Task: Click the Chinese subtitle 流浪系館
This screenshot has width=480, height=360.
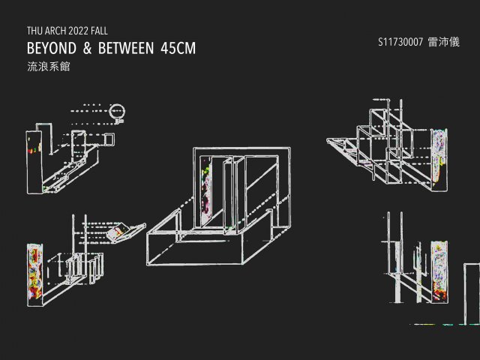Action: pos(43,67)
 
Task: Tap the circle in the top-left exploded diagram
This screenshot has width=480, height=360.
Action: pos(116,112)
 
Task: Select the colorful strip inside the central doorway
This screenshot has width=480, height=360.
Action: pos(208,195)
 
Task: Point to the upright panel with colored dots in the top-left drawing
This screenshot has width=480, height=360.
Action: pos(33,150)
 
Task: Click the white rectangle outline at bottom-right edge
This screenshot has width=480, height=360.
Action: pos(472,292)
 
